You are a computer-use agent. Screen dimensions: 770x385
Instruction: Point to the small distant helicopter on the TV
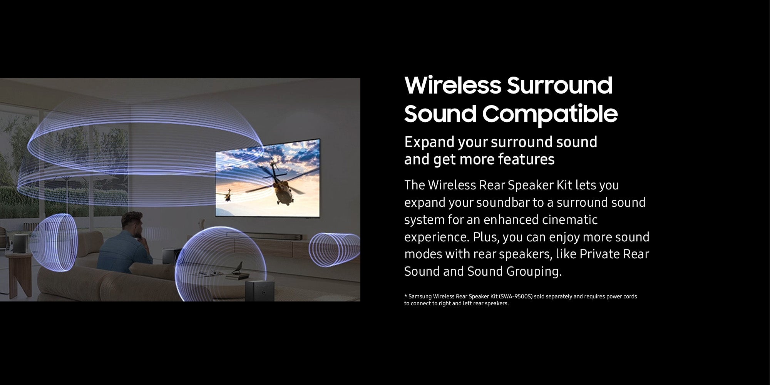pos(228,195)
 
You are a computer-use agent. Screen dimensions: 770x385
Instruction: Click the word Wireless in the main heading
pos(453,85)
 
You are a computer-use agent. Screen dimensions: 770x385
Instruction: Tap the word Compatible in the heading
pos(550,114)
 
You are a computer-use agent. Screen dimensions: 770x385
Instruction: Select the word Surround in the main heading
pos(559,85)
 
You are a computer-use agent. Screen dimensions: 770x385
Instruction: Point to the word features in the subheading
pos(526,159)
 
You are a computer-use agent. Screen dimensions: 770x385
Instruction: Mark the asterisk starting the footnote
pos(406,296)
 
